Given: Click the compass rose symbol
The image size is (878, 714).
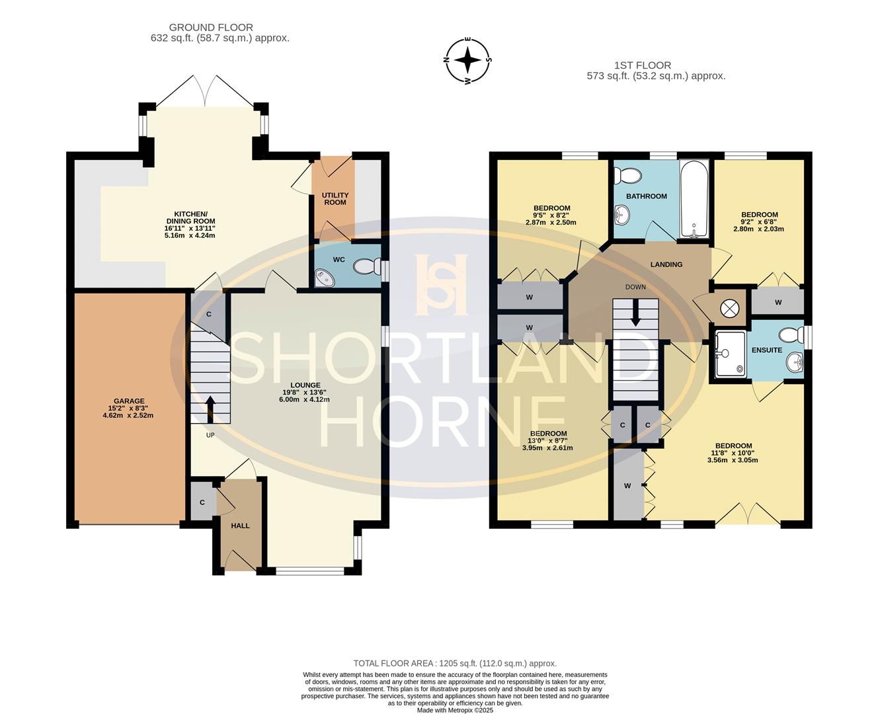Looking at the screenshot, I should pos(468,61).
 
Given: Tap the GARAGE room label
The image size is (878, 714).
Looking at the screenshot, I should pos(129,401).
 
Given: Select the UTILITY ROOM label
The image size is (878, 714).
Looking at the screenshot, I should pos(335,198).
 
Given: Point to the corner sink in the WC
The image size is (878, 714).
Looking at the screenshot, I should pos(324,278).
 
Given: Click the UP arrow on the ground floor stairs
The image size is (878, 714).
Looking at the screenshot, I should pos(211,409).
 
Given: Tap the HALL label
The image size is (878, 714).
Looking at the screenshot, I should pos(240,526).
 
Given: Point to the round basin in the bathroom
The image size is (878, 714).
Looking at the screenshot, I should pos(621,213).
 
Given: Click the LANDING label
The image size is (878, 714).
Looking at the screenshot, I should pos(666,264).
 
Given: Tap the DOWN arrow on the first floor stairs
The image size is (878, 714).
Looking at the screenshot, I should pos(636,313).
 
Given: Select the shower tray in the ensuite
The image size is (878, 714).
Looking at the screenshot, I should pos(731,353).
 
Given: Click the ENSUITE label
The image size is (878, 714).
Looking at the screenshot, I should pos(767,350).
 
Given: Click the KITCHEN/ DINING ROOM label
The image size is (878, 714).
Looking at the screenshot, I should pos(190,221).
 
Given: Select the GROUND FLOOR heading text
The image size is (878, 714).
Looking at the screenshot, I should pos(211,27).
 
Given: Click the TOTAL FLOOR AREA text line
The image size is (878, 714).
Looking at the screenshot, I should pos(455,663).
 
